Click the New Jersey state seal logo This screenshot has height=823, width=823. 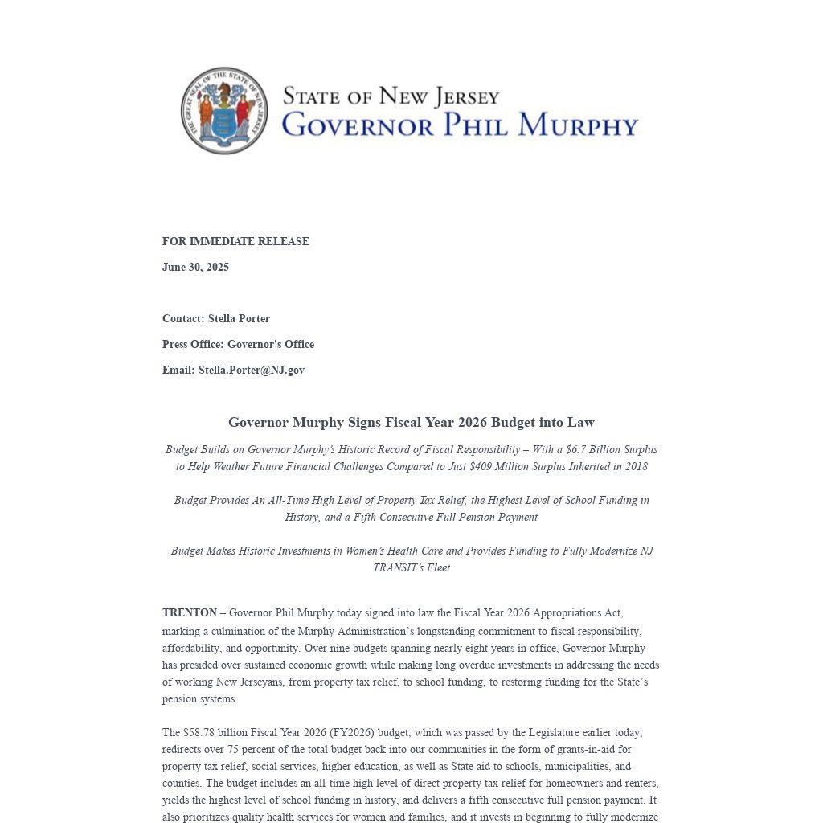point(224,111)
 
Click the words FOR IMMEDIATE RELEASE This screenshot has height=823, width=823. point(235,241)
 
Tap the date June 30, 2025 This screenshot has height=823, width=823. point(195,267)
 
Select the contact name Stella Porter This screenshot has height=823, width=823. point(239,318)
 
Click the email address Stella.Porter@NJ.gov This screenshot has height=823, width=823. point(252,370)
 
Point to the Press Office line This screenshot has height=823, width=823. point(238,344)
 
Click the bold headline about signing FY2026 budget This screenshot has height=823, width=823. point(411,422)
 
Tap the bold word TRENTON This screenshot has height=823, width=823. point(190,612)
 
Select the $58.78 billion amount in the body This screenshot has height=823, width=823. point(204,732)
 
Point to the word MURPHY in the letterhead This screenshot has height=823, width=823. point(578,125)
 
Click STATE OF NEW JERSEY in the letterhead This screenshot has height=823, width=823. point(391,96)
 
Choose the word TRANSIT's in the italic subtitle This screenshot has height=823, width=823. point(411,567)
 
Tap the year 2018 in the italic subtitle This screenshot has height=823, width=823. point(635,466)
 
